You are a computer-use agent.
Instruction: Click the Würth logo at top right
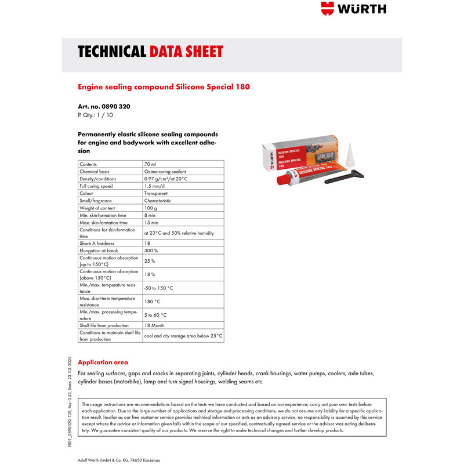[x=353, y=10]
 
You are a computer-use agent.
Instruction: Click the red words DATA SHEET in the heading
[x=186, y=52]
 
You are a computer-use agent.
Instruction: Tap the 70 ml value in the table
[x=150, y=165]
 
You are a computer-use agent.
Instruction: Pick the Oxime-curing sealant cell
[x=166, y=172]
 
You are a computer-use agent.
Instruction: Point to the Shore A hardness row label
[x=97, y=244]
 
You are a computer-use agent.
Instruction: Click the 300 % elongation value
[x=151, y=251]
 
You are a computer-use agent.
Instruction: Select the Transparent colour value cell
[x=156, y=194]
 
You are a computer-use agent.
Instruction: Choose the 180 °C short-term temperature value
[x=152, y=302]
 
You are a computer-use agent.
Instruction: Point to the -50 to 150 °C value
[x=159, y=288]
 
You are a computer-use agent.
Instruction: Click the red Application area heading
[x=103, y=362]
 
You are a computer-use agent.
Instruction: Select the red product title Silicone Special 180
[x=164, y=87]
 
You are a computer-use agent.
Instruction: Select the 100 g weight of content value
[x=151, y=208]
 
